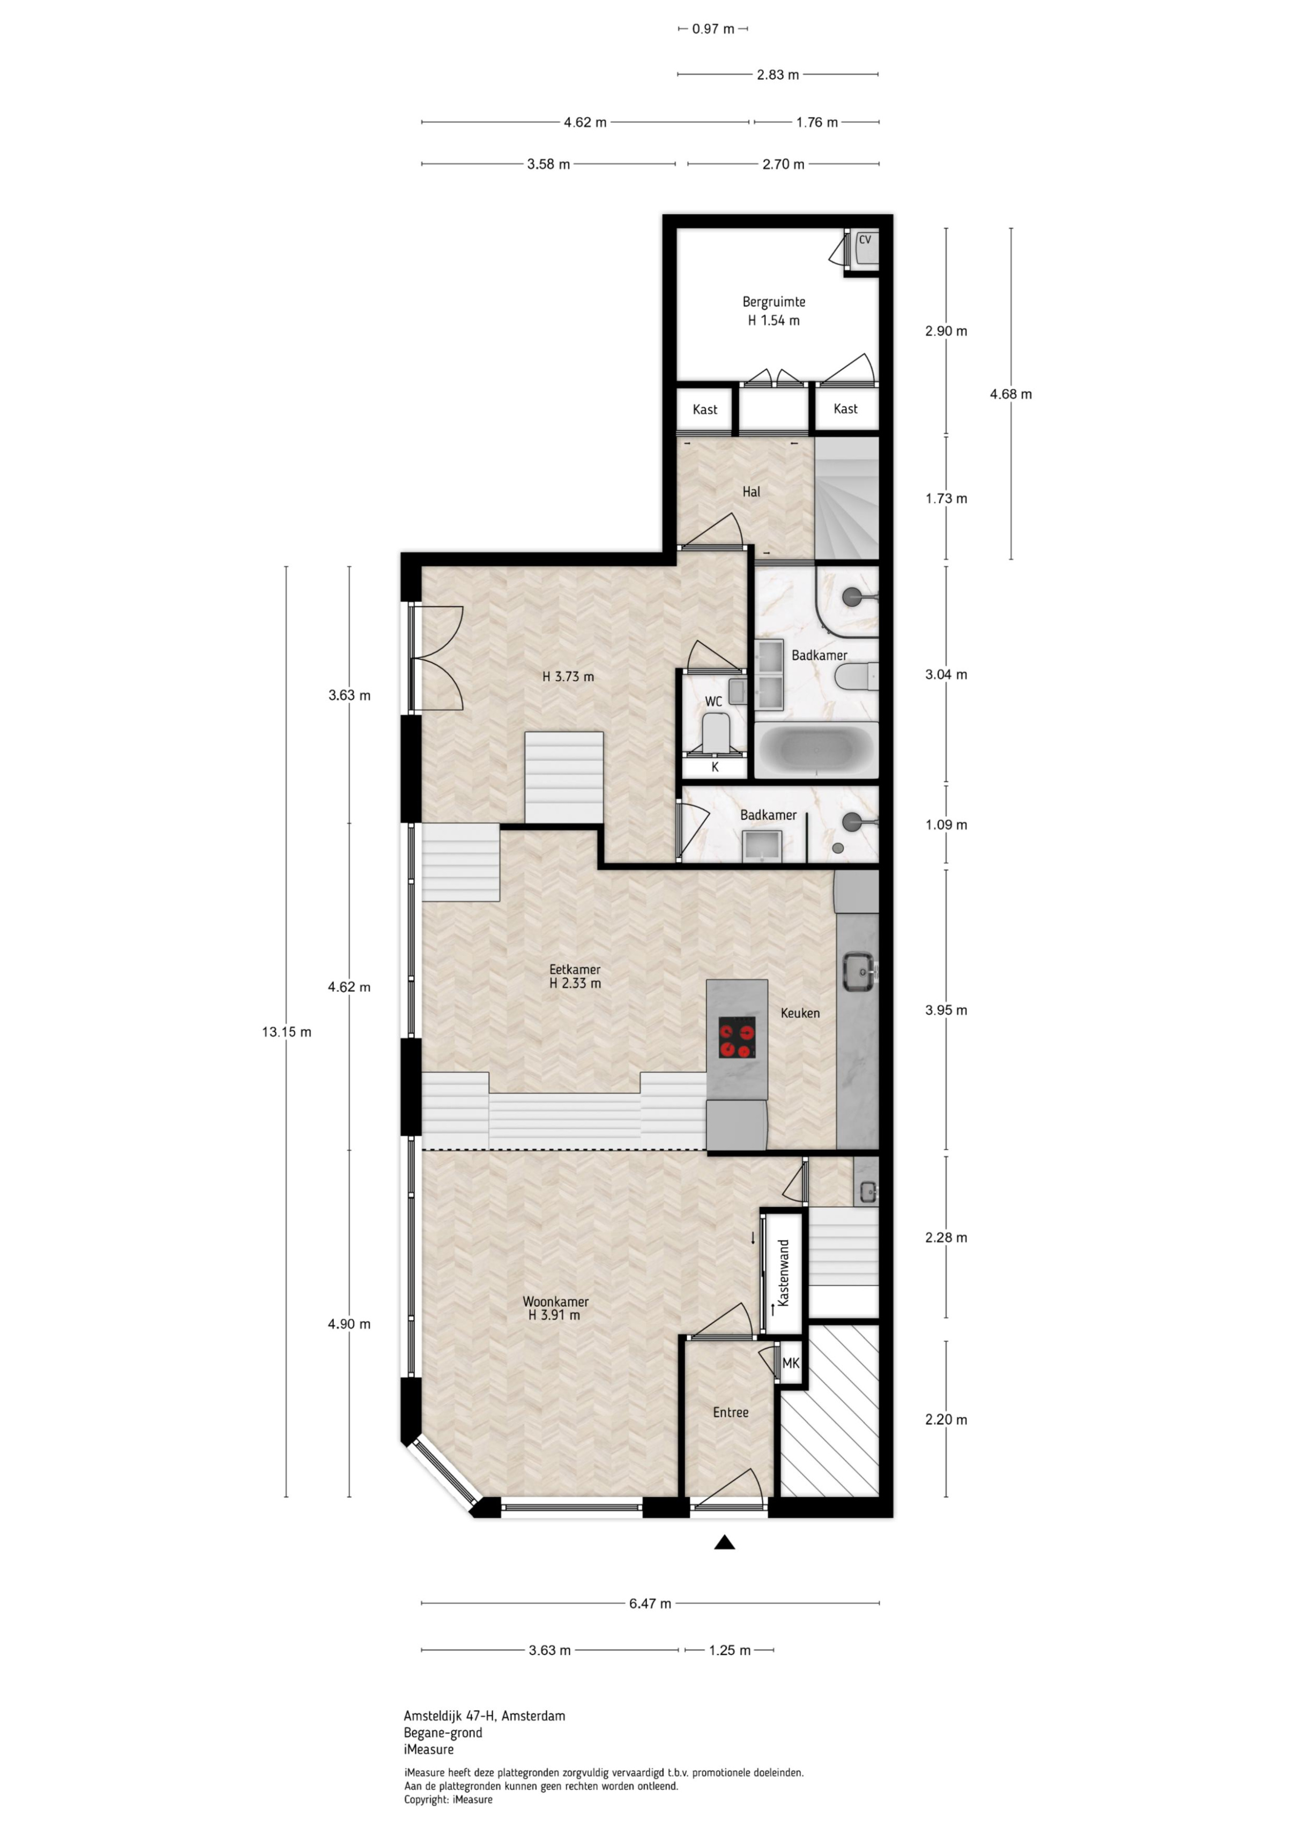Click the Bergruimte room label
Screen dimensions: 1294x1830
[x=774, y=302]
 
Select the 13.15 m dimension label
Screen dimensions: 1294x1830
[x=286, y=1032]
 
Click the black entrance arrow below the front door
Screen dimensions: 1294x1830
[x=724, y=1542]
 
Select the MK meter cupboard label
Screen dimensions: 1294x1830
[x=790, y=1363]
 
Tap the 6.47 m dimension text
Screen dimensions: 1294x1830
[x=650, y=1603]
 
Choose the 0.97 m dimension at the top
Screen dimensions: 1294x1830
[x=713, y=29]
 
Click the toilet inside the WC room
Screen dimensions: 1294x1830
[x=715, y=731]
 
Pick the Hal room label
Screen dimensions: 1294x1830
[x=751, y=492]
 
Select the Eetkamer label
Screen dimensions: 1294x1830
[x=574, y=969]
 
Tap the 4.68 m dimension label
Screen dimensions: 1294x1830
[x=1010, y=394]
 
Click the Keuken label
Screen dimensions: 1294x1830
[x=800, y=1013]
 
